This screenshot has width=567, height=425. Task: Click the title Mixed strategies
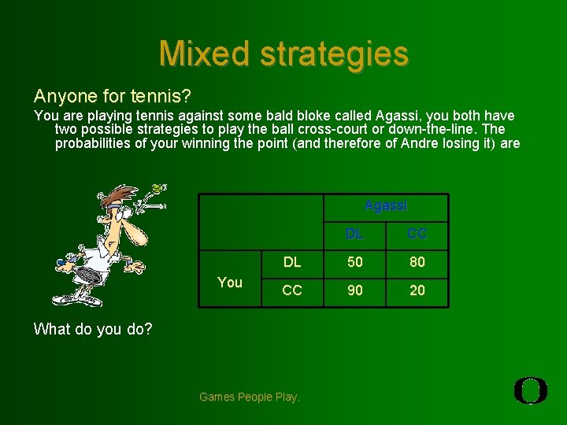click(283, 54)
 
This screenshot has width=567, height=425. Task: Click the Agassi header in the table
click(386, 206)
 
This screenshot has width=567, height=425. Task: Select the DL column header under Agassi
click(355, 234)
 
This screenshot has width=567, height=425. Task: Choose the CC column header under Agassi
click(417, 234)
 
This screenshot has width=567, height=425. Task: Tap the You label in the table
click(229, 283)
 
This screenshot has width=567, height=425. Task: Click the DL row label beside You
click(292, 262)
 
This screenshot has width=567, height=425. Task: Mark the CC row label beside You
click(292, 290)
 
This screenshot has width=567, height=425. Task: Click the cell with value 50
click(355, 262)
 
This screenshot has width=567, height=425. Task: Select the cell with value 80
click(417, 262)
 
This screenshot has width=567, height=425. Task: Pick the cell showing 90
click(355, 290)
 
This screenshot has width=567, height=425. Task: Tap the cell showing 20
click(417, 290)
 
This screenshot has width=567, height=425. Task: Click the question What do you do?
click(93, 329)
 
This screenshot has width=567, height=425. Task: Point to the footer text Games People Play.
click(250, 397)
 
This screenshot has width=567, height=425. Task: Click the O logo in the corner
click(531, 391)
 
